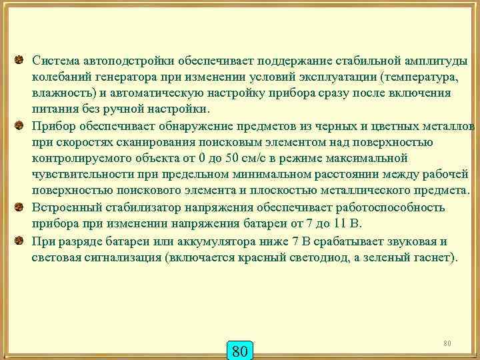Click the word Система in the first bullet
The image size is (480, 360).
[x=55, y=61]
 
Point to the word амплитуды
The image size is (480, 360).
[x=433, y=61]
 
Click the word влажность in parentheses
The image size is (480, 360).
[x=61, y=93]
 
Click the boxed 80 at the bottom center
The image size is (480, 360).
[x=240, y=350]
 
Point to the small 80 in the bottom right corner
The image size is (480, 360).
[x=447, y=343]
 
